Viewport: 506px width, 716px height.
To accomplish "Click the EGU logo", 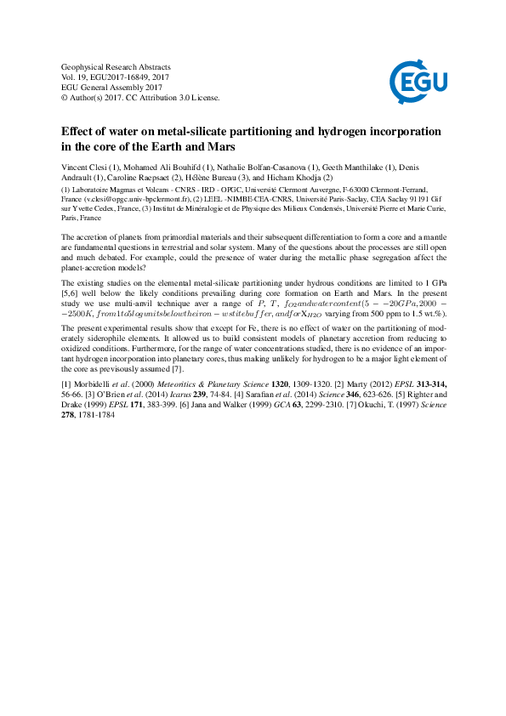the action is pyautogui.click(x=413, y=82).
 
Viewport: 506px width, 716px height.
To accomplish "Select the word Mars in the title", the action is pyautogui.click(x=219, y=148).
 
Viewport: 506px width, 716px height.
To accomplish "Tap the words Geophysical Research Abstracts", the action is pyautogui.click(x=117, y=66).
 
